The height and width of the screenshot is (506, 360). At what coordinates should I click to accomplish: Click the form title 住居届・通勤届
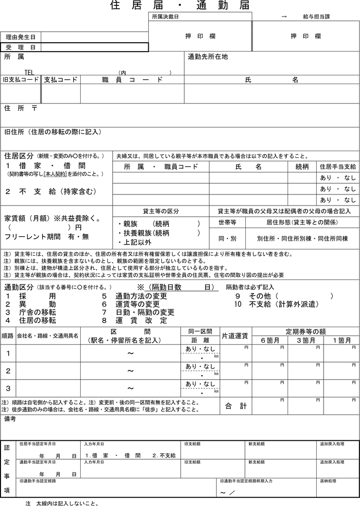tap(180, 6)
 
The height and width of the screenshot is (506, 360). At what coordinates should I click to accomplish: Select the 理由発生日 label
tap(20, 37)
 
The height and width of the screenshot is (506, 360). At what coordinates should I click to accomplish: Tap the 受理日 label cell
tap(20, 47)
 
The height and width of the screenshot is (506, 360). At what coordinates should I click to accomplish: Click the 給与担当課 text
tap(316, 17)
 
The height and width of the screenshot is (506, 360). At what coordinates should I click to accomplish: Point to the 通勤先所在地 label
tap(207, 57)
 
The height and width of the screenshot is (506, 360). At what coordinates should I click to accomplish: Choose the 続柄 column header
tap(302, 167)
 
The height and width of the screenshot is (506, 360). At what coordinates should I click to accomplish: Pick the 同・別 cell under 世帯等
tap(227, 238)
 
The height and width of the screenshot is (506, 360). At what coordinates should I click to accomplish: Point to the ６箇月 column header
tap(270, 340)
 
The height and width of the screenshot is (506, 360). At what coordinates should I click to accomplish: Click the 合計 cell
tap(236, 406)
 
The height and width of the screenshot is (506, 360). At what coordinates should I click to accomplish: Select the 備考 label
tap(10, 419)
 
